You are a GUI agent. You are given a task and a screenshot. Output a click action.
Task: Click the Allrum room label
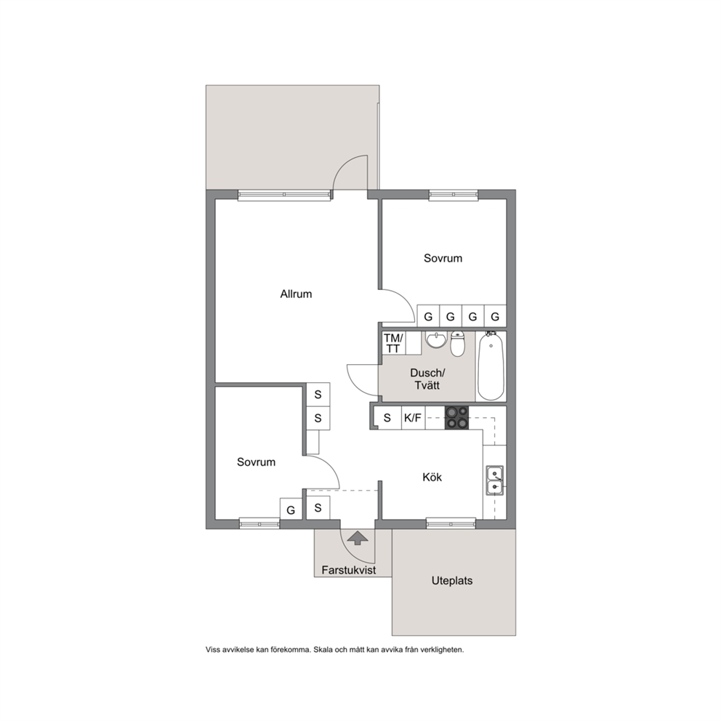point(296,294)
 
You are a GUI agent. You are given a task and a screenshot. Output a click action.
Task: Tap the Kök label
point(432,478)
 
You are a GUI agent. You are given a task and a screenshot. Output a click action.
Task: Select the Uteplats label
point(452,581)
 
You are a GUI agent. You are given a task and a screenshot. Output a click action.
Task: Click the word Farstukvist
point(349,570)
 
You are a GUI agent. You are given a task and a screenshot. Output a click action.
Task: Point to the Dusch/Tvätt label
point(427,379)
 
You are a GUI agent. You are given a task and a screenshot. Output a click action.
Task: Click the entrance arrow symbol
point(358,538)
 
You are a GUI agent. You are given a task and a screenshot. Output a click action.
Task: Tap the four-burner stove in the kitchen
point(456,418)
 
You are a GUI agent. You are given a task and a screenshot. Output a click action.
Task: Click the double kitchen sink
point(495,480)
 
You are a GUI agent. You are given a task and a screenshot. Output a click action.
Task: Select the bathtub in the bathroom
point(491,366)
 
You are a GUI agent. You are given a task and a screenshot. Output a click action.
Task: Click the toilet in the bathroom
point(457,344)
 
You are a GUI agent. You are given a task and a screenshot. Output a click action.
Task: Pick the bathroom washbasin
point(436,340)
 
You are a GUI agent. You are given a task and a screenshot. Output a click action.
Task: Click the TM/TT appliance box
point(393,344)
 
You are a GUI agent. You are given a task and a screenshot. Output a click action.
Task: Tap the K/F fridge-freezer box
point(413,418)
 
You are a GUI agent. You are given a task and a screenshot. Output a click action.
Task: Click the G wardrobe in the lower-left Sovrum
point(291,509)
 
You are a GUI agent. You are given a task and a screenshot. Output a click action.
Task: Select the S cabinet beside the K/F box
point(387,418)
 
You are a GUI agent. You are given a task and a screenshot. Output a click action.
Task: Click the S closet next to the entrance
point(318,508)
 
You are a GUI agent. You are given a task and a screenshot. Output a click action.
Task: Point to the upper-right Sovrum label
point(443,258)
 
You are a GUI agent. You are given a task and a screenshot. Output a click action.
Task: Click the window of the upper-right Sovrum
point(454,195)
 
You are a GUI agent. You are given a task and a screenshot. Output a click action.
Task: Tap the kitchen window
point(451,522)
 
